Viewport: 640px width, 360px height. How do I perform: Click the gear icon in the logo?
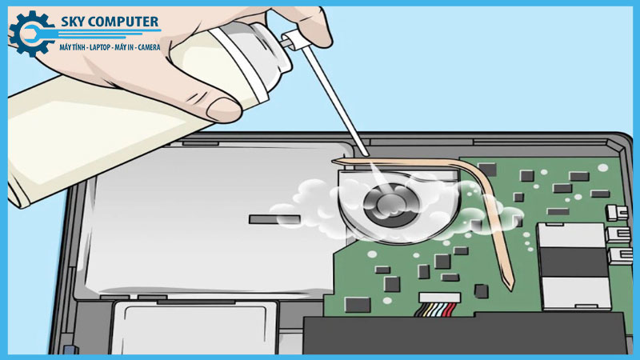click(x=31, y=34)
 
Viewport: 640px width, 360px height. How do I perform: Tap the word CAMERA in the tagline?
click(x=149, y=47)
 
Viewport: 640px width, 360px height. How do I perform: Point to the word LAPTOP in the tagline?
click(x=100, y=47)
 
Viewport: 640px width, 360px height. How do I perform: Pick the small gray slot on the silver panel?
click(x=274, y=219)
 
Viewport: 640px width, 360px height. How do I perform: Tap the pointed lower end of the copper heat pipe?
click(x=511, y=288)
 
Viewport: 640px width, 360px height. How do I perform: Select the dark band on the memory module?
click(x=573, y=262)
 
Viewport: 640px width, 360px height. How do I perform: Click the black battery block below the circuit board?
click(x=466, y=334)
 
